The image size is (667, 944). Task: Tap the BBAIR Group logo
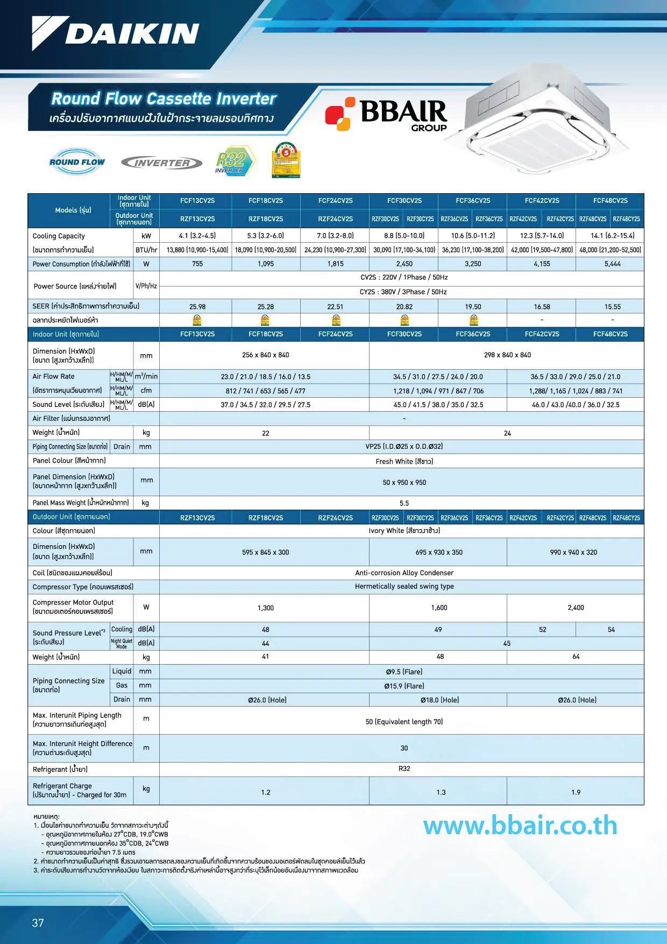click(386, 114)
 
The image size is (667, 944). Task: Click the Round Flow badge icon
click(77, 161)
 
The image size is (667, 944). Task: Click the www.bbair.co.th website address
click(520, 826)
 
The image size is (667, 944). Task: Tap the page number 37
click(38, 923)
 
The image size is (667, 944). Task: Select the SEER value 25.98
click(197, 307)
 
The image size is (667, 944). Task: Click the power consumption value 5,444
click(612, 264)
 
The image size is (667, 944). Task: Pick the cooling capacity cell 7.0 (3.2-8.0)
click(335, 236)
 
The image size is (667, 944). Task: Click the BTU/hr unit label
click(146, 250)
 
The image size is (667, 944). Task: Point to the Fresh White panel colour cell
click(404, 461)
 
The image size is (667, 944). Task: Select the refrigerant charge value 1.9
click(576, 792)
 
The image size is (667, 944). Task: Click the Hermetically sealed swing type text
click(404, 587)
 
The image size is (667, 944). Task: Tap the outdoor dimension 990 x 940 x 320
click(574, 552)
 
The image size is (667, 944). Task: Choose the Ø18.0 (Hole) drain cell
click(439, 700)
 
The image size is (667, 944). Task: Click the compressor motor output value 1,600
click(439, 608)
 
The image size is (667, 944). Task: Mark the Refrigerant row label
click(60, 770)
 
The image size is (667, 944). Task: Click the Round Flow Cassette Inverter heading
click(164, 98)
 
